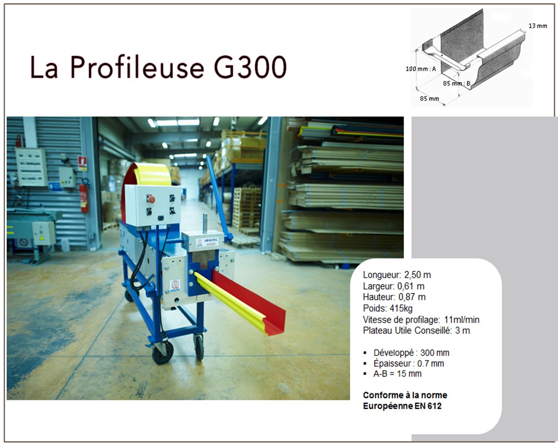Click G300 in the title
250,67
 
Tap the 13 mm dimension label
538,26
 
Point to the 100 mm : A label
421,69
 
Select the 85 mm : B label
457,83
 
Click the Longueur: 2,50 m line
397,275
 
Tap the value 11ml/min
462,320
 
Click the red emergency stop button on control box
151,199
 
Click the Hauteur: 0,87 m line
394,297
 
